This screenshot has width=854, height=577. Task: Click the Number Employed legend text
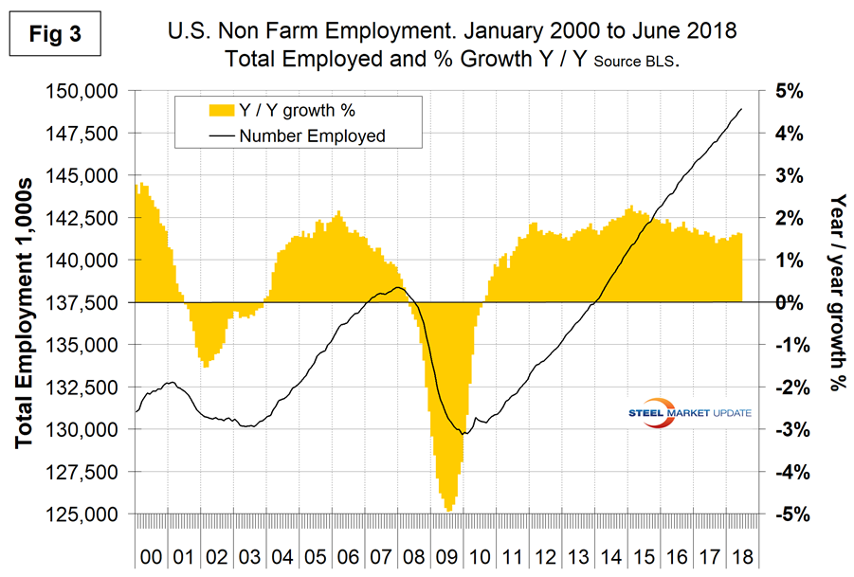click(x=312, y=135)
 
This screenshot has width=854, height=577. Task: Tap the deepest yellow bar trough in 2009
click(x=447, y=509)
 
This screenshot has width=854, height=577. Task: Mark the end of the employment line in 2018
click(x=741, y=109)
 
